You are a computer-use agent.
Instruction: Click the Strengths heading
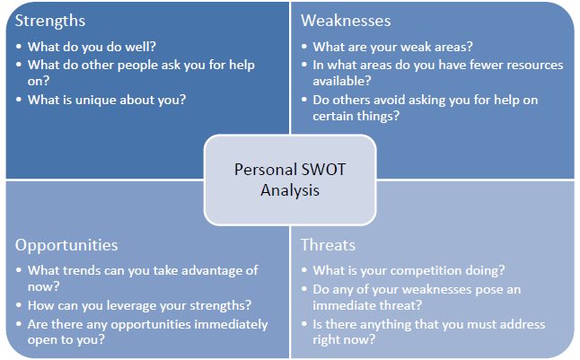pos(50,21)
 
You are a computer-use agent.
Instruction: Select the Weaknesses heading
pos(346,21)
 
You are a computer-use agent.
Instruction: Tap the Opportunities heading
pos(66,246)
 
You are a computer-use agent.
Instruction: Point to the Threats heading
pos(328,245)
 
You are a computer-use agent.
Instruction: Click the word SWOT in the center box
pos(323,170)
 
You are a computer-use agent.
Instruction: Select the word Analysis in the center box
pos(290,190)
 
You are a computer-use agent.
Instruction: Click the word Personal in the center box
pos(266,170)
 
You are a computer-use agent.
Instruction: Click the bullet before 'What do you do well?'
pos(19,47)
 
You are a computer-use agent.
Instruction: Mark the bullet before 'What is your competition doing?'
pos(304,270)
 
